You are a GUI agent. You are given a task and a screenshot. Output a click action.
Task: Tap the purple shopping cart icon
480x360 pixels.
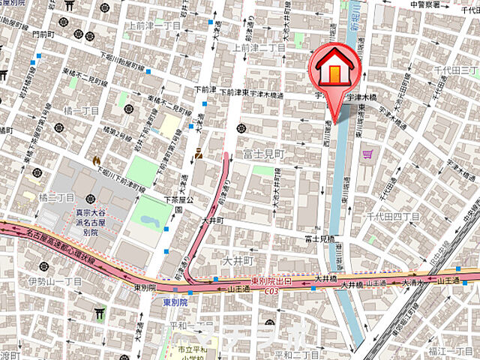click(367, 154)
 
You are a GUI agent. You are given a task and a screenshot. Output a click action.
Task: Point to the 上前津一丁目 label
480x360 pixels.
click(154, 25)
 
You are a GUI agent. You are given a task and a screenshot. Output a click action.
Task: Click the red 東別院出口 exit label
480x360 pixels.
click(272, 280)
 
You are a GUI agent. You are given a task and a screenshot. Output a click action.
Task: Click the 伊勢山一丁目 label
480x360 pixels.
click(54, 281)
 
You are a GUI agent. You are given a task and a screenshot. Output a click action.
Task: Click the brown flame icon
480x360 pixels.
click(95, 160)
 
